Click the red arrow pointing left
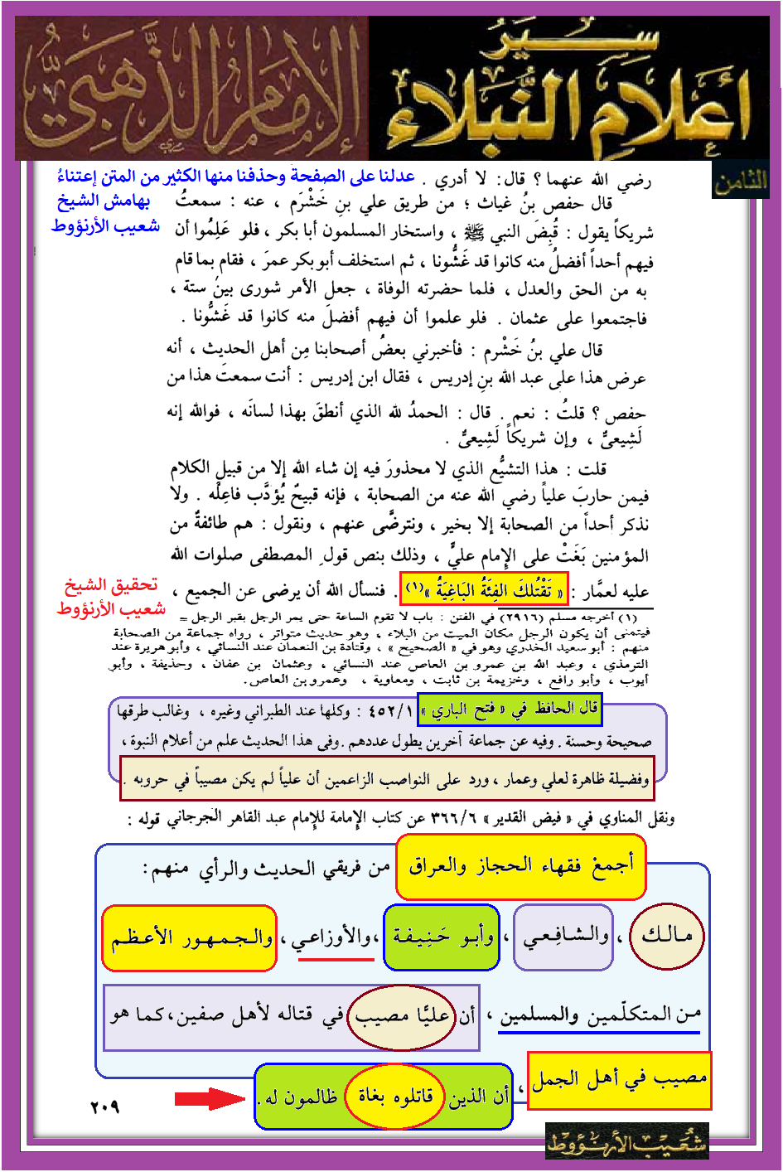pos(210,1099)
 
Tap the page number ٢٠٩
pos(104,1107)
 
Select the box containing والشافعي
pos(563,937)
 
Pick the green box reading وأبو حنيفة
pos(442,937)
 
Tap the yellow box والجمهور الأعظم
pos(189,937)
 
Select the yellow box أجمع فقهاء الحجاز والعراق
pos(520,867)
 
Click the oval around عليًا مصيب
pos(401,1016)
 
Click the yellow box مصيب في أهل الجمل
pos(619,1080)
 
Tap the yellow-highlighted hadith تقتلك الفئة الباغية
pos(484,589)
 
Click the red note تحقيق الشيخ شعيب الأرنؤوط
pos(112,597)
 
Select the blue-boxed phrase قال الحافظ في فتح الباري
pos(509,709)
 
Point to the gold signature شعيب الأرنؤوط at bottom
pos(627,1143)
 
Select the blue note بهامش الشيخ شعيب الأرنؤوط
pos(106,213)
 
